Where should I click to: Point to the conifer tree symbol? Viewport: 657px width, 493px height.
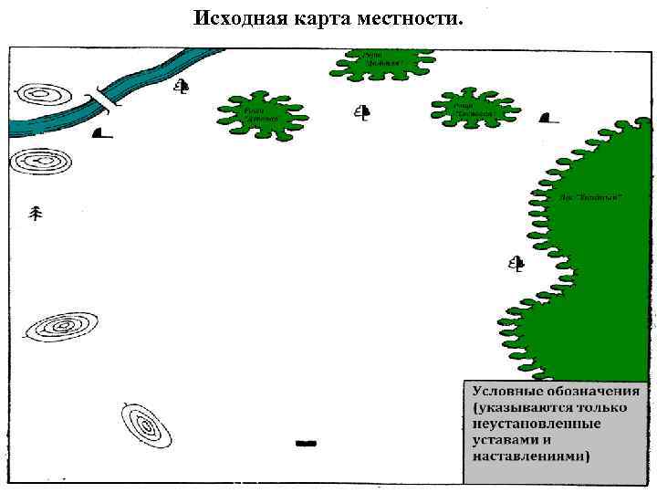coord(36,214)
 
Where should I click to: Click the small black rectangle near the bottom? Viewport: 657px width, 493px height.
coord(306,443)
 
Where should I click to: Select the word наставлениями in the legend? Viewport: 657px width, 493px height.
coord(530,456)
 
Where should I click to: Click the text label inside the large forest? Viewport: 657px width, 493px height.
coord(591,197)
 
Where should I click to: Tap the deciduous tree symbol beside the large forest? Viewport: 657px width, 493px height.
coord(516,265)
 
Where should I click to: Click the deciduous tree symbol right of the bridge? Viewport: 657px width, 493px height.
coord(182,88)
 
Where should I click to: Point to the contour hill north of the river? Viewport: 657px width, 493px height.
coord(46,95)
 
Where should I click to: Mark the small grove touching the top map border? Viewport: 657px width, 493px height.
coord(382,62)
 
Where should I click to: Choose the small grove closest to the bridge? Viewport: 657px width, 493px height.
coord(262,115)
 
